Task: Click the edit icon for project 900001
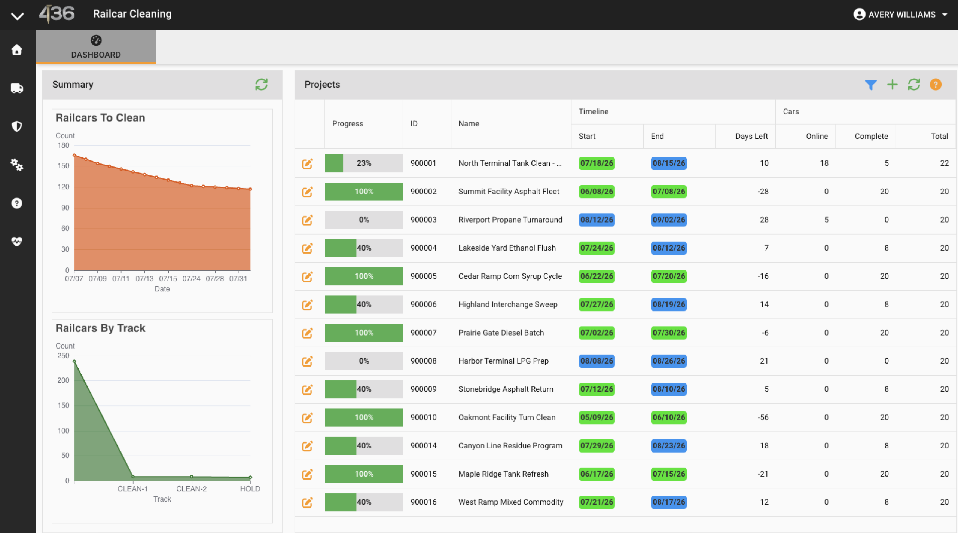[307, 163]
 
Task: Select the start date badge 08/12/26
[597, 220]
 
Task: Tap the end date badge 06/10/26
[669, 417]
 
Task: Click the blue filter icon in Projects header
[870, 85]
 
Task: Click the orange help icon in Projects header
[936, 85]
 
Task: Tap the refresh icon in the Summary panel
[261, 85]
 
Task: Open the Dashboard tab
[96, 47]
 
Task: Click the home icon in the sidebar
[17, 50]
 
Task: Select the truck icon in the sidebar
[17, 88]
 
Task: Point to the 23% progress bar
[364, 163]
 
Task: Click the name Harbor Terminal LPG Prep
[503, 361]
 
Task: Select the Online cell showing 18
[824, 163]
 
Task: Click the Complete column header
[871, 136]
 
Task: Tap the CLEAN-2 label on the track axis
[191, 489]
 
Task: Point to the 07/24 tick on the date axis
[191, 279]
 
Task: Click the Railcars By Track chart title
[100, 328]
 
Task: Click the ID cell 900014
[423, 446]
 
